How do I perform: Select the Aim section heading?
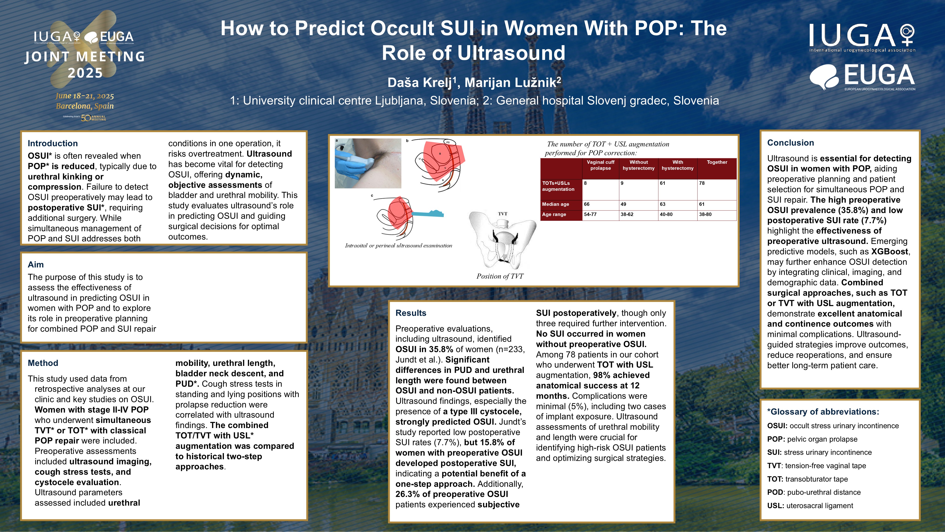[x=36, y=264]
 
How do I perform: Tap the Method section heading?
[x=43, y=363]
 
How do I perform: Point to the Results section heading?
[x=411, y=313]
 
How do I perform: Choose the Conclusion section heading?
[x=791, y=143]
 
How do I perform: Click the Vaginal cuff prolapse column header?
[x=601, y=165]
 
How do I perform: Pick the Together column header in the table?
[x=717, y=162]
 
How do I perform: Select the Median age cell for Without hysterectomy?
[x=623, y=204]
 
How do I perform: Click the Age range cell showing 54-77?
[x=590, y=214]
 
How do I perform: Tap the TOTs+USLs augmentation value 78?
[x=702, y=183]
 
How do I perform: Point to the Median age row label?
[x=556, y=204]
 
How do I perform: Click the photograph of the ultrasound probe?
[x=368, y=163]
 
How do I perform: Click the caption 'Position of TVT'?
[x=500, y=276]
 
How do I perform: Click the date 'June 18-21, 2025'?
[x=85, y=96]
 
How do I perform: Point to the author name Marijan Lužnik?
[x=513, y=82]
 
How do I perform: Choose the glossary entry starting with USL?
[x=810, y=506]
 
